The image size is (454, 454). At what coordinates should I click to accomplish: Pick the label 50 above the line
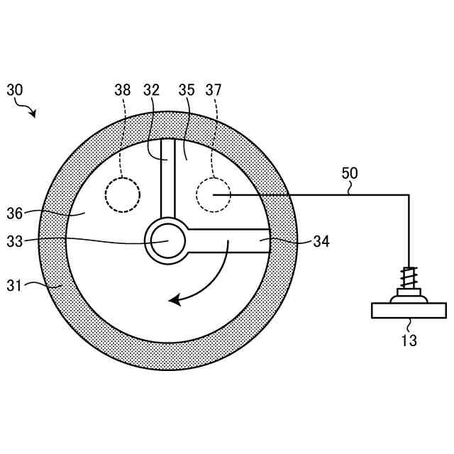(350, 172)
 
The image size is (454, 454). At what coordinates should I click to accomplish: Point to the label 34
(321, 241)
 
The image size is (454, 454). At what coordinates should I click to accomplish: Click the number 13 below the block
(409, 340)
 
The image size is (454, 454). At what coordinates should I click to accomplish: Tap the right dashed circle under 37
(214, 194)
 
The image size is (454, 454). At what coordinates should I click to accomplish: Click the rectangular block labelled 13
(409, 310)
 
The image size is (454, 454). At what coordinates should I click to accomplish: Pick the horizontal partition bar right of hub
(227, 240)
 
